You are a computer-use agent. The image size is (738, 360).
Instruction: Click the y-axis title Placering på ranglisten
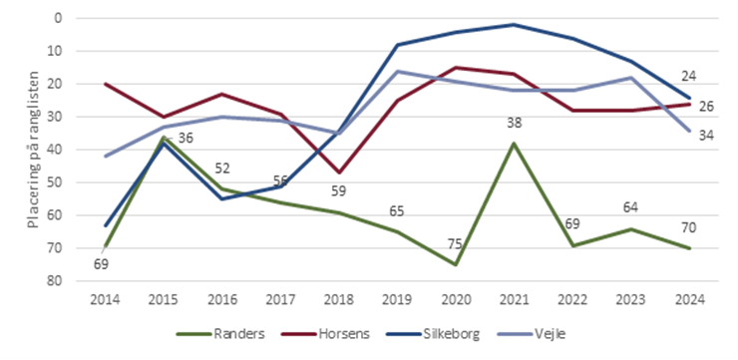point(33,150)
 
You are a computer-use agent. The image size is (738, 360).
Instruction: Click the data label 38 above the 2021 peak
point(514,124)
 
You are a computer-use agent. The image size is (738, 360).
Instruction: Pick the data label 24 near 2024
point(688,76)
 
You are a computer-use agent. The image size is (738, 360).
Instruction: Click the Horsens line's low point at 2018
point(339,173)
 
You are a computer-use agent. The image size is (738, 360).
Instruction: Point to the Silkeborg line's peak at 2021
point(514,25)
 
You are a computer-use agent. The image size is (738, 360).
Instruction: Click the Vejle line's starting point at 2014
point(105,156)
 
